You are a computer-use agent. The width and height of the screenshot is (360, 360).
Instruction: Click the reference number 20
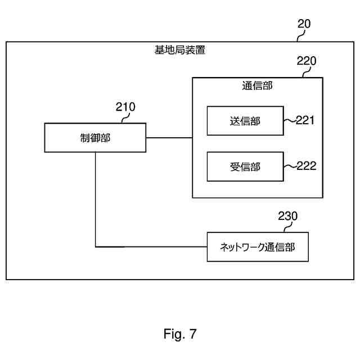(304, 24)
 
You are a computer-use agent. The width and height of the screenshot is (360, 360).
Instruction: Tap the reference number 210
(125, 107)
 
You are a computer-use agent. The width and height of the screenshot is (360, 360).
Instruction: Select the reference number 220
(307, 61)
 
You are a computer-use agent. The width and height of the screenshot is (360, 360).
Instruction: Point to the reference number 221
(305, 120)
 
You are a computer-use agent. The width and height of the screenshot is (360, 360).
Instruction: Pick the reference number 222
(306, 166)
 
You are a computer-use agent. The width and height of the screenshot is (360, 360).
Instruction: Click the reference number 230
(287, 216)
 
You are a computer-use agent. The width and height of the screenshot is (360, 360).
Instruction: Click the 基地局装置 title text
(180, 50)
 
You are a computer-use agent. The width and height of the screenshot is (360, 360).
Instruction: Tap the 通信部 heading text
(258, 85)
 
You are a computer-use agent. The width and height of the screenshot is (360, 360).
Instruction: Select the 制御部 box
(95, 138)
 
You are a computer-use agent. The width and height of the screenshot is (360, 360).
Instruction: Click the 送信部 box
(245, 121)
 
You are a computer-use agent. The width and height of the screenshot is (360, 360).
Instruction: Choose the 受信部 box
(245, 166)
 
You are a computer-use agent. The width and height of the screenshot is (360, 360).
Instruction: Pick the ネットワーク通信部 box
(258, 247)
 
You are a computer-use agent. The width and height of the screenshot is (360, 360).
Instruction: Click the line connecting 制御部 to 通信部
(169, 138)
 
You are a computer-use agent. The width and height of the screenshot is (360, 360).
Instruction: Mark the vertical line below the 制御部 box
(95, 200)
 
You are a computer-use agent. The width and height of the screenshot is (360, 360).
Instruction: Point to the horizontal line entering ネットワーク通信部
(151, 247)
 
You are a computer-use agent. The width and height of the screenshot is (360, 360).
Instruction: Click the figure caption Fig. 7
(180, 334)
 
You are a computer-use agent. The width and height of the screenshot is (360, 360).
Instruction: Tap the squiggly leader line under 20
(301, 35)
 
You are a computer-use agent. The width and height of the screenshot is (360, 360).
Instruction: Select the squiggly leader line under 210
(125, 118)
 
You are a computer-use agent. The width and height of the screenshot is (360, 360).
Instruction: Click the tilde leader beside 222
(290, 166)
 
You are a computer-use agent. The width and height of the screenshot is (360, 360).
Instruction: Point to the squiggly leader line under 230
(288, 227)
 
